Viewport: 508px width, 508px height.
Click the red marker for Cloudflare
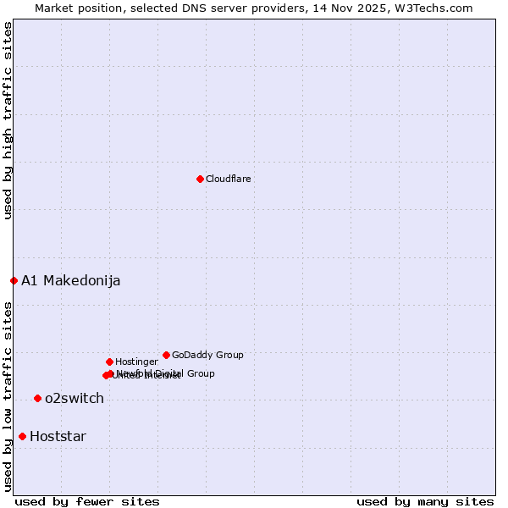[200, 179]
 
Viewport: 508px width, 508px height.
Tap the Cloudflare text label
[228, 179]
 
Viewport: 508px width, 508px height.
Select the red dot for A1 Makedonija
[14, 280]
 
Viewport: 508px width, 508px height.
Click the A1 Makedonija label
[70, 281]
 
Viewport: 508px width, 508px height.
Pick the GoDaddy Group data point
[166, 355]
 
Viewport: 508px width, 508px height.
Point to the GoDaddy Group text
[207, 355]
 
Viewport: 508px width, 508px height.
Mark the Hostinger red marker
[109, 362]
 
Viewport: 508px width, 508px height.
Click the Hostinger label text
[136, 362]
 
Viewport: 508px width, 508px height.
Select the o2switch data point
[37, 398]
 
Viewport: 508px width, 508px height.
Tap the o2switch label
[75, 399]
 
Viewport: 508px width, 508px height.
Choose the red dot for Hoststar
[22, 436]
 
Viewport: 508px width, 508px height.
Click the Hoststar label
[58, 437]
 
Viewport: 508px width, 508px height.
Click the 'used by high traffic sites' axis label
[8, 120]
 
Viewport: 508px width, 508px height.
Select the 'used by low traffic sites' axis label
[8, 395]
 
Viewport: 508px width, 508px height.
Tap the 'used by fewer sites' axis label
[87, 501]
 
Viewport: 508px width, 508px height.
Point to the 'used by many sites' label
[425, 501]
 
